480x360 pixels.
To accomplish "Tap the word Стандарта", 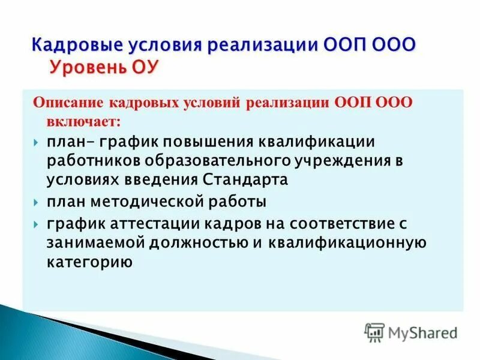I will [x=246, y=181].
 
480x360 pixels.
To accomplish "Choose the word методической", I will [x=151, y=202].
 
